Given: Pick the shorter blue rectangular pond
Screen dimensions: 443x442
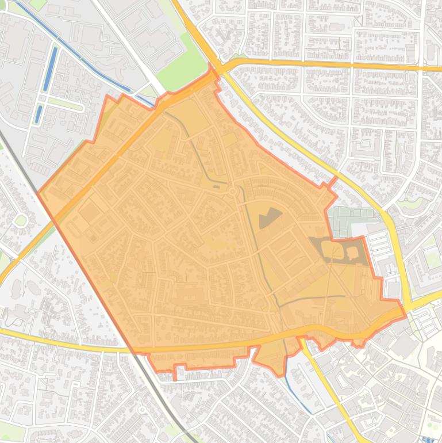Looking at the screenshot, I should tap(39, 113).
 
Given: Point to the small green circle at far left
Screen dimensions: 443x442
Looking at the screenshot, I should tap(21, 220).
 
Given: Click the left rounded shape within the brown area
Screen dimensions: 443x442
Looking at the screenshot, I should tap(326, 249).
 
